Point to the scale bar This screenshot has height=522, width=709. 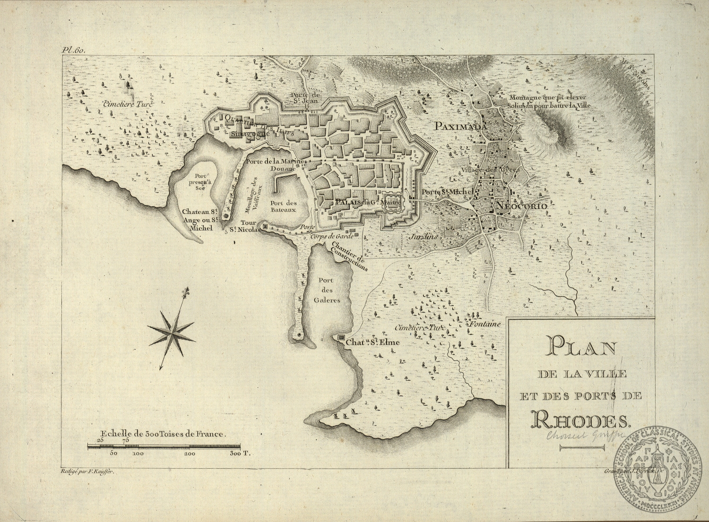[x=164, y=446]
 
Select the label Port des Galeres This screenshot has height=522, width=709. [x=326, y=290]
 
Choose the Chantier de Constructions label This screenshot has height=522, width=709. [x=350, y=255]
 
